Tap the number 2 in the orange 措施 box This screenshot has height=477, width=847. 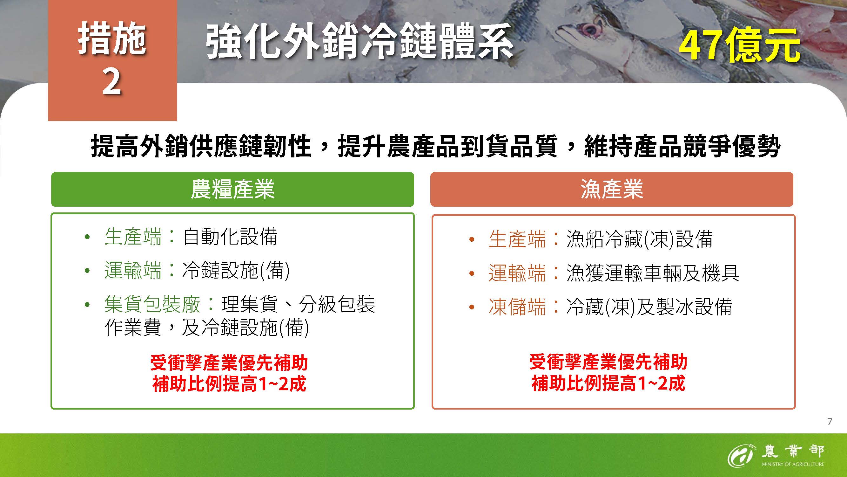point(112,82)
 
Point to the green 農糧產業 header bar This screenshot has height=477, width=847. point(232,189)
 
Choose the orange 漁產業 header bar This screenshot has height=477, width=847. point(612,189)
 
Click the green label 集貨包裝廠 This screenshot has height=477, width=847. point(152,304)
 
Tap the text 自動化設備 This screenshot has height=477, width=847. point(230,237)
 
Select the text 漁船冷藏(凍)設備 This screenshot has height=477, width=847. point(640,239)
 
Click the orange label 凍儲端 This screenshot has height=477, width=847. point(517,307)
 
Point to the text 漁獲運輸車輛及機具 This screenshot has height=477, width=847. point(653,273)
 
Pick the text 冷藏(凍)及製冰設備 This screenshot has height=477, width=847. point(649,307)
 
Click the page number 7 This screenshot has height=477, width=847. point(830,422)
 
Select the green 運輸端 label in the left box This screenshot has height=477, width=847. point(133,271)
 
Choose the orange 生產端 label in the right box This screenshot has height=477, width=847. point(517,239)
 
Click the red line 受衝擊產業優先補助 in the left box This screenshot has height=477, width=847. point(229,363)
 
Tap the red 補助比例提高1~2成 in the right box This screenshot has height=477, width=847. point(608,384)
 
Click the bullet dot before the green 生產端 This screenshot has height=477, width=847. point(87,237)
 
